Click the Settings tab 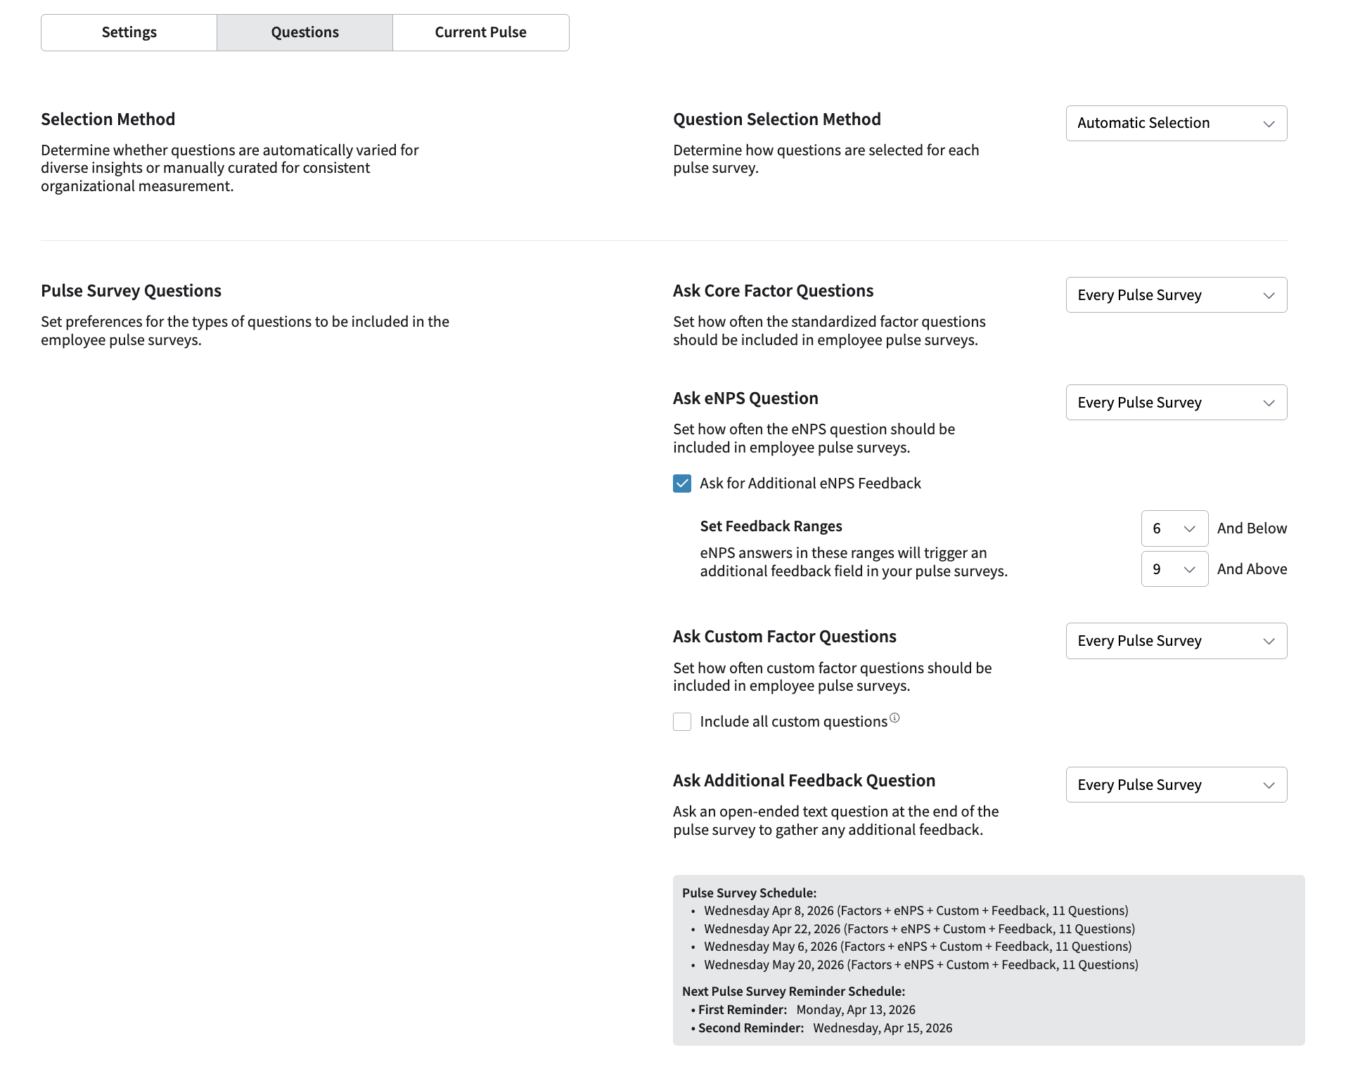click(129, 32)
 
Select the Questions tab click(304, 32)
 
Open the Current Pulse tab click(480, 32)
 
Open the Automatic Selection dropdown click(1176, 123)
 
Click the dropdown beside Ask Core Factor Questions click(1176, 295)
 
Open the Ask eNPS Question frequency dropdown click(1176, 403)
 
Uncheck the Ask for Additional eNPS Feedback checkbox click(682, 483)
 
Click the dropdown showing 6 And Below click(1174, 528)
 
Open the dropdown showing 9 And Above click(1174, 569)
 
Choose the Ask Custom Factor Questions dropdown click(1176, 641)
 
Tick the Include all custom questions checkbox click(682, 722)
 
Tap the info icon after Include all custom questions click(894, 718)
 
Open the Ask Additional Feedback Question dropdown click(1176, 785)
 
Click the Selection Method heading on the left click(108, 119)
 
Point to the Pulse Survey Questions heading click(131, 291)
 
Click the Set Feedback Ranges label click(771, 526)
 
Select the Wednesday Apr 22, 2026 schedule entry click(919, 929)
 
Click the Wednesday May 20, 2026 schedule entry click(921, 965)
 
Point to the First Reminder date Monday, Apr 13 click(856, 1010)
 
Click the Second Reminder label click(750, 1028)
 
